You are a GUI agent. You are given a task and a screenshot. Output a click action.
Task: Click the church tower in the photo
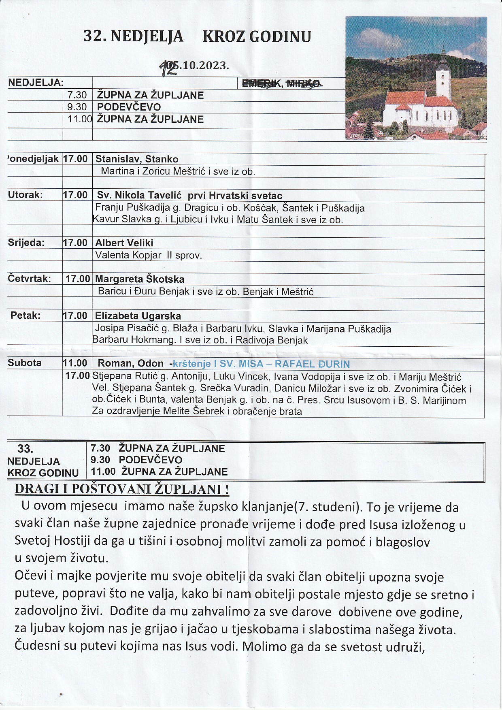(444, 77)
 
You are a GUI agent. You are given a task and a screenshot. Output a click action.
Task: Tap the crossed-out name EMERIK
(259, 83)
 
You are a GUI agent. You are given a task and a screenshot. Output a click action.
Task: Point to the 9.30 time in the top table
(77, 107)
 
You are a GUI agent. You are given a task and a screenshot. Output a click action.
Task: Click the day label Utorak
(25, 195)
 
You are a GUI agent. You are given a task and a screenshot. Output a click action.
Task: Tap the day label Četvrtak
(29, 279)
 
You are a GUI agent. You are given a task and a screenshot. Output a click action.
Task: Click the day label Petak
(26, 316)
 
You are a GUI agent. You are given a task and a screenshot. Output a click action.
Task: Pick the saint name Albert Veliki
(124, 243)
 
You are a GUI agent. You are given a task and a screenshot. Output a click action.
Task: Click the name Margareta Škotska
(140, 279)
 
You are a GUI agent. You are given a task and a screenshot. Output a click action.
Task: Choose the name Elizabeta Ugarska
(138, 316)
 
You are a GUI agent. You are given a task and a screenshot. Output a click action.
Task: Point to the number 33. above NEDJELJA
(26, 449)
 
